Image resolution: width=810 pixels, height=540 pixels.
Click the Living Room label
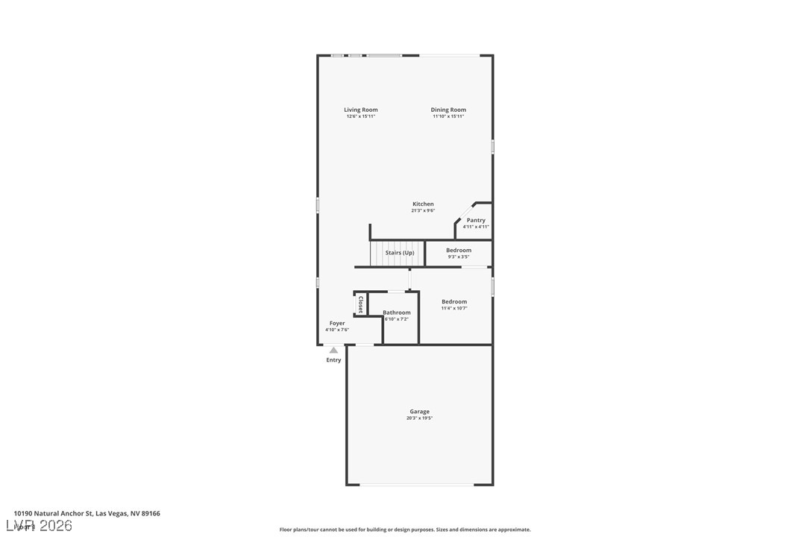click(x=360, y=110)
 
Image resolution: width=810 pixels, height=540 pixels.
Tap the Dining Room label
click(x=448, y=110)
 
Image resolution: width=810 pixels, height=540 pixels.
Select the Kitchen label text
click(x=423, y=204)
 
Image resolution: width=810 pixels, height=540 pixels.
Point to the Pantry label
click(x=476, y=220)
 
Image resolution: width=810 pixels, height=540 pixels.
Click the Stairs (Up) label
click(x=399, y=253)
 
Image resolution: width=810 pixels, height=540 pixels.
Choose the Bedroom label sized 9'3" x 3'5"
click(x=459, y=250)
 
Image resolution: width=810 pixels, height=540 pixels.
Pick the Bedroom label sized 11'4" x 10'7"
click(x=453, y=301)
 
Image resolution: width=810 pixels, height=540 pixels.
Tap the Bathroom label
click(x=397, y=313)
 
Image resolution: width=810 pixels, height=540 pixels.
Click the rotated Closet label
click(x=360, y=304)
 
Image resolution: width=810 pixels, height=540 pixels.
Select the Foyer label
click(x=337, y=323)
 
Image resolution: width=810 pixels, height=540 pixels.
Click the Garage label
click(x=419, y=411)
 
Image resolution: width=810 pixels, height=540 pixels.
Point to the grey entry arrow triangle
click(x=333, y=350)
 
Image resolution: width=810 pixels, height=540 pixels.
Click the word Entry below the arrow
click(x=333, y=360)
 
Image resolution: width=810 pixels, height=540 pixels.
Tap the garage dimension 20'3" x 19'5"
click(x=419, y=418)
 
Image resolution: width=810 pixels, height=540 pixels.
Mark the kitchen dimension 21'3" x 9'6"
click(x=423, y=211)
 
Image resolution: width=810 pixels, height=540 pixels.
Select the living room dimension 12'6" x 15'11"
click(x=360, y=117)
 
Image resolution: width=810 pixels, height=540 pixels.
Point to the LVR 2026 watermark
click(x=43, y=526)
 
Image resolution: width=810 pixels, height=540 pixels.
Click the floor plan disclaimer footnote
click(x=405, y=530)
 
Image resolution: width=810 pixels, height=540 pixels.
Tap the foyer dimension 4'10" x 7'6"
click(x=337, y=330)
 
